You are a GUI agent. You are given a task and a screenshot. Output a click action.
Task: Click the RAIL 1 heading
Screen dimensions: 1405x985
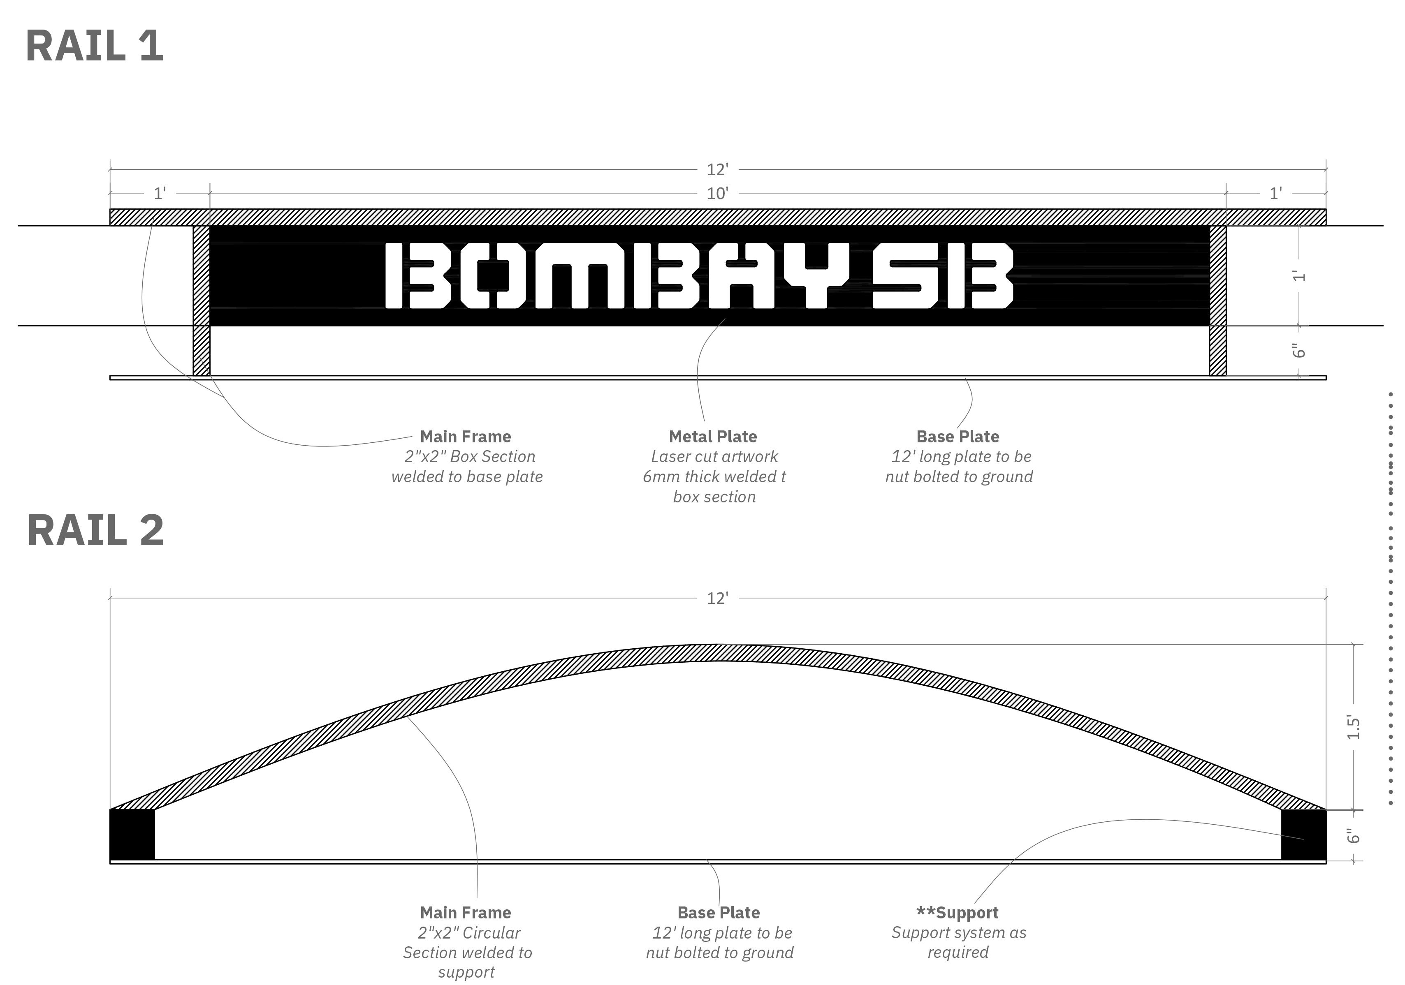[95, 46]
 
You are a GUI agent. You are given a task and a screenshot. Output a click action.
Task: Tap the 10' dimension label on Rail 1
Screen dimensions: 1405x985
[717, 194]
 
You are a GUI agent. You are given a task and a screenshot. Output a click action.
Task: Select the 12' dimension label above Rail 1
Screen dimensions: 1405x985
[717, 169]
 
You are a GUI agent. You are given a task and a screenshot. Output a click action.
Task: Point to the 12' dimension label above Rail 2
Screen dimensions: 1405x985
[717, 598]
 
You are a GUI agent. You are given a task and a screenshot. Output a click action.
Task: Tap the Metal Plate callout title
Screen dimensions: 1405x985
[713, 437]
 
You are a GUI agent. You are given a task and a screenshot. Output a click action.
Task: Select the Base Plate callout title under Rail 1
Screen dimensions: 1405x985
[958, 437]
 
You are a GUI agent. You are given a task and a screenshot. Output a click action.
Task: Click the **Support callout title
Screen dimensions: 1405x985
[957, 913]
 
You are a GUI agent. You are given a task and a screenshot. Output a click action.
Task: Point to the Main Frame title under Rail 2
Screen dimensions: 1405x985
[466, 913]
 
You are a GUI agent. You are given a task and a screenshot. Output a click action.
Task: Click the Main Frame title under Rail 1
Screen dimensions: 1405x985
[466, 437]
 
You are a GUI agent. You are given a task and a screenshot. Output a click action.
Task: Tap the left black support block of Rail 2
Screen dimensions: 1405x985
[132, 835]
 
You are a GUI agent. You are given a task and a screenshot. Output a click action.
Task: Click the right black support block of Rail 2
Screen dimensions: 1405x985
[1303, 835]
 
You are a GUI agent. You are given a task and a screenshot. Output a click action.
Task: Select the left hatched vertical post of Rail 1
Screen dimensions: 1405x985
[201, 300]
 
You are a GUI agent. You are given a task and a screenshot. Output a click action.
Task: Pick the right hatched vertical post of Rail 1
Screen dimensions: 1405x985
[1218, 300]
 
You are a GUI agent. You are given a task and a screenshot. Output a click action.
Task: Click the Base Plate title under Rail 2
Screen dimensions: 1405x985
[719, 913]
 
